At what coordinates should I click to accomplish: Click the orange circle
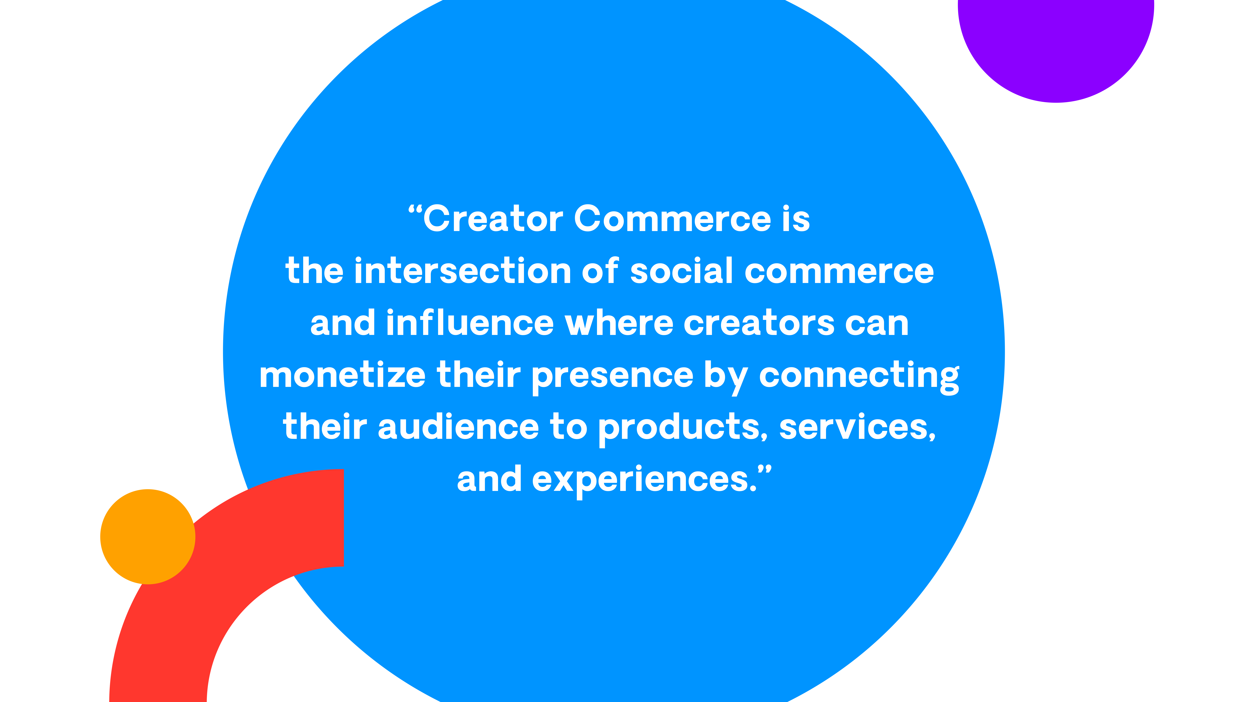point(148,537)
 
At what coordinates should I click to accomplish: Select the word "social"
point(682,271)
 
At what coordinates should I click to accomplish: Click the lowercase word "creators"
point(759,323)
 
